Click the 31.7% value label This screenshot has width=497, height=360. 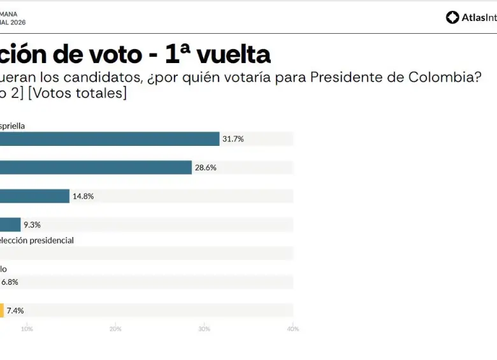click(x=233, y=139)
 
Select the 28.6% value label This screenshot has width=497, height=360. click(x=206, y=168)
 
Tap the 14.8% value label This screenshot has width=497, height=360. click(x=83, y=196)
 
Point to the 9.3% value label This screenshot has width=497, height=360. click(x=32, y=225)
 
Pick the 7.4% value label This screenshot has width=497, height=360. click(x=15, y=310)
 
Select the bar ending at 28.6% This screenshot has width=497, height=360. click(x=96, y=168)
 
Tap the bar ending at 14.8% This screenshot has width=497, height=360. click(x=34, y=196)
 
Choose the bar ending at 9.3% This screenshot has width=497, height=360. click(x=10, y=225)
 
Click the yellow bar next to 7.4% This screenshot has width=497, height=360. click(x=2, y=310)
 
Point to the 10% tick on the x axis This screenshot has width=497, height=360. click(x=27, y=329)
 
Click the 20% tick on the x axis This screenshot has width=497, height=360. click(x=115, y=329)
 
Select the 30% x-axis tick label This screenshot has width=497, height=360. click(x=204, y=329)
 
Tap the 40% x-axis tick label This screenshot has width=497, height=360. click(x=292, y=329)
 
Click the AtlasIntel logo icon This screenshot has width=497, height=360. click(x=452, y=17)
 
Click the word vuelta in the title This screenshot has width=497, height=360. click(x=233, y=55)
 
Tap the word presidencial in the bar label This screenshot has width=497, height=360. click(x=50, y=240)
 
